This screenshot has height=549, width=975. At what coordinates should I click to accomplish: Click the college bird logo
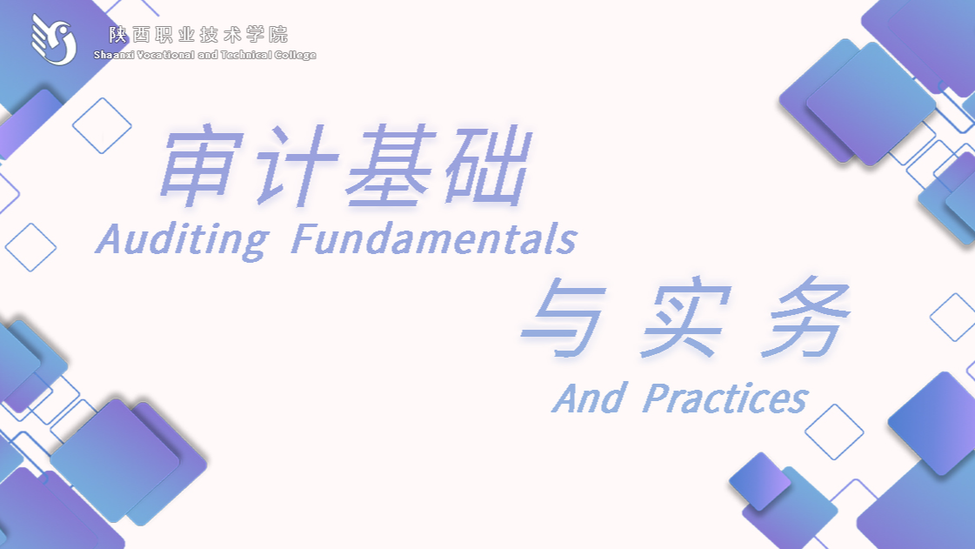coord(54,40)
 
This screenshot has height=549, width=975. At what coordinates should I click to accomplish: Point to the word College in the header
coord(296,56)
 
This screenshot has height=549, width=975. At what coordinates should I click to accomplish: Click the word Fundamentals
coord(434,239)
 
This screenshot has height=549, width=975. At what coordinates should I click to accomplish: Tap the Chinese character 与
coord(563,317)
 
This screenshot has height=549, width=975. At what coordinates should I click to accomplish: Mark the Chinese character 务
coord(806,318)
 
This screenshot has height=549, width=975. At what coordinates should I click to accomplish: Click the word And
coord(590,398)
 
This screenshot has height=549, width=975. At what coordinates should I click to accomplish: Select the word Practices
coord(725,398)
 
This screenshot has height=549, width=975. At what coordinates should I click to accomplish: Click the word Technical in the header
coord(245,55)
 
